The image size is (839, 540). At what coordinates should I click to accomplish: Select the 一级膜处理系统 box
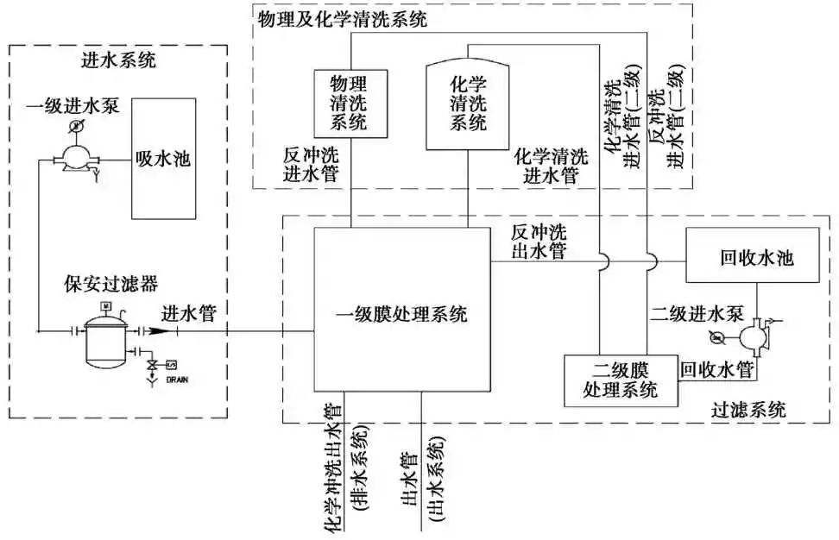(401, 314)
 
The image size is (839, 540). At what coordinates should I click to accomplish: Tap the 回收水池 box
(755, 257)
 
